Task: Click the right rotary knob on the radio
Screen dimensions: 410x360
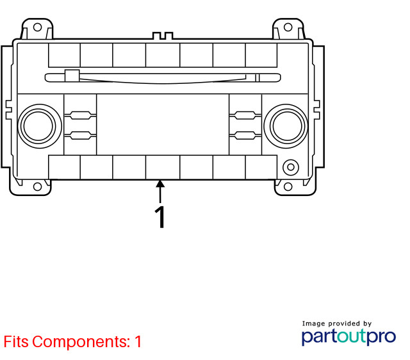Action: point(286,126)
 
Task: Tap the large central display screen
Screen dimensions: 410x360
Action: point(163,124)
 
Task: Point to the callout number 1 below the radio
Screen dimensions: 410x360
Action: point(160,217)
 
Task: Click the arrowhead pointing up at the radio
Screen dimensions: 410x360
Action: point(160,184)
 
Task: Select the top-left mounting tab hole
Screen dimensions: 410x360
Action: point(37,27)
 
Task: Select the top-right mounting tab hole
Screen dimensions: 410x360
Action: point(288,27)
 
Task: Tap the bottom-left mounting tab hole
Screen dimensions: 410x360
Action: point(37,186)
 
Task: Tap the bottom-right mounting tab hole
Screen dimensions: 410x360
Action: point(288,186)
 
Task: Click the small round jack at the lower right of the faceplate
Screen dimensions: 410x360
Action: point(291,167)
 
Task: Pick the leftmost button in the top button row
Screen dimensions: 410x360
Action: point(64,55)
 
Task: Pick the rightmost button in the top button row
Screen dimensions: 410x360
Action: point(261,55)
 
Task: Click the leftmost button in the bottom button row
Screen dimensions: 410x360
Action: point(64,167)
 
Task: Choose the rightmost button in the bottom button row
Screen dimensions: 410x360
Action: point(261,167)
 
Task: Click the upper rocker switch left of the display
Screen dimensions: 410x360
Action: point(80,115)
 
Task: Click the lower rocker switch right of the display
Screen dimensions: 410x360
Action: point(245,135)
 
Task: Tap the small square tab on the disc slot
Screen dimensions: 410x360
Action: point(72,76)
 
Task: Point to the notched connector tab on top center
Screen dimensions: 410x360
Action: point(163,36)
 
